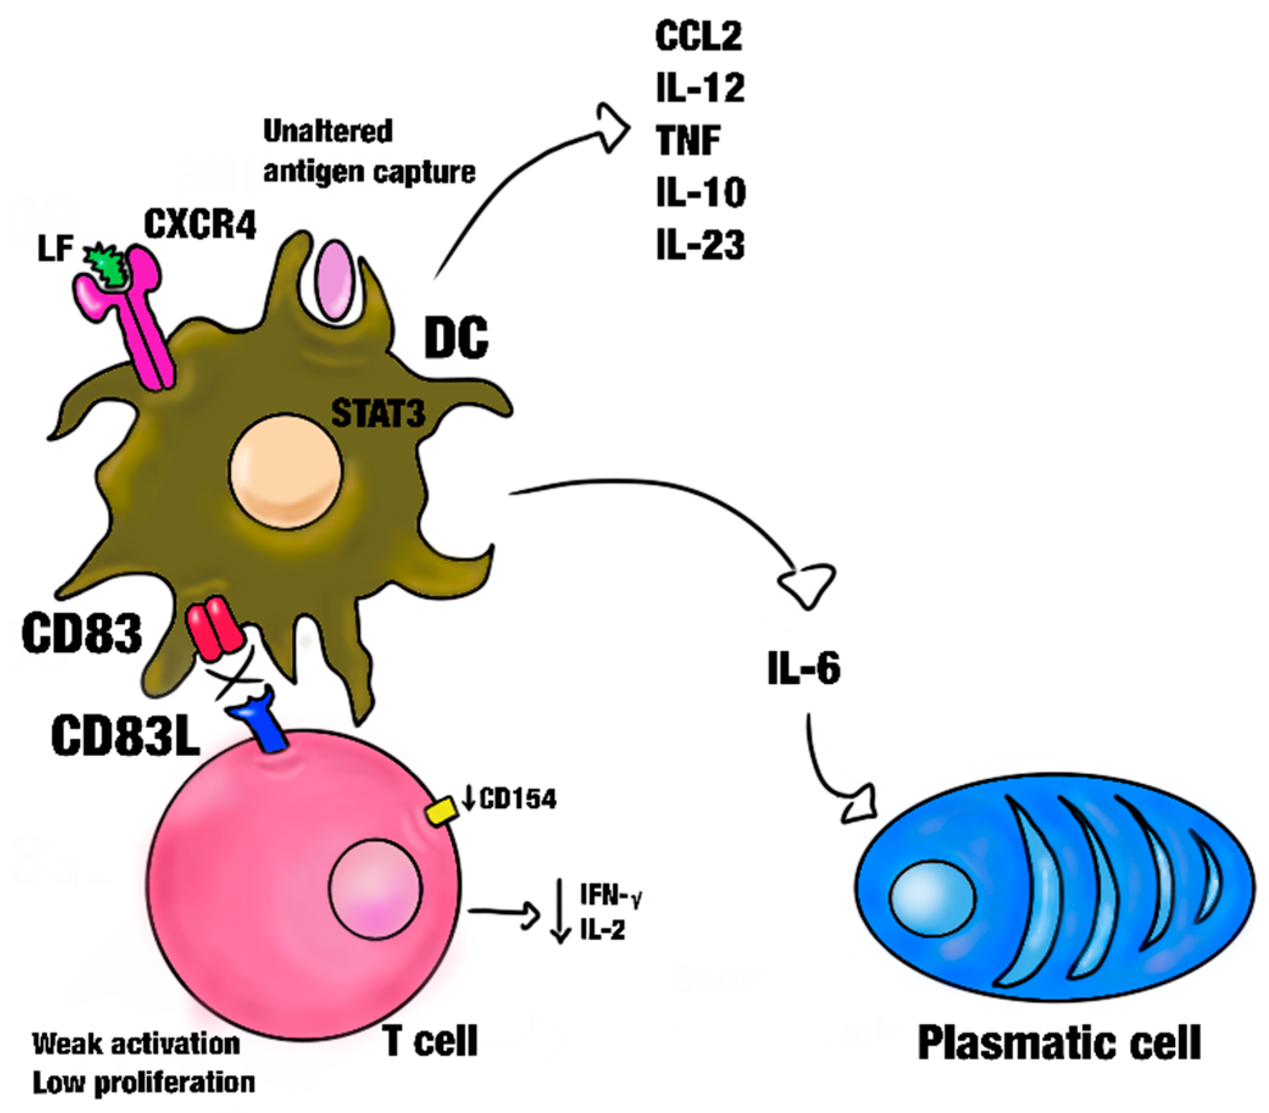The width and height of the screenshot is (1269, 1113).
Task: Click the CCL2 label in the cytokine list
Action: click(x=698, y=37)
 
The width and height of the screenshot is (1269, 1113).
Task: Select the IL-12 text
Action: click(x=700, y=89)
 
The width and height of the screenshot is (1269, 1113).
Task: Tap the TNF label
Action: click(x=688, y=140)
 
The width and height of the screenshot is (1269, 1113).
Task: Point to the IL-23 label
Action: click(x=700, y=245)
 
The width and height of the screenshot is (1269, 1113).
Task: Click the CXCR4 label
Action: click(x=200, y=224)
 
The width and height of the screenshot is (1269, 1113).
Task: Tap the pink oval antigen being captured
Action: click(x=335, y=280)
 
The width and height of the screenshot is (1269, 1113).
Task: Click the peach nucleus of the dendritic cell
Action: click(x=286, y=472)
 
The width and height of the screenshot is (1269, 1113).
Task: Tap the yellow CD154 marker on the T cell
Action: click(x=442, y=812)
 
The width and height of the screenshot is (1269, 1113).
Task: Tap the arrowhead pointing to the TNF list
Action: click(x=613, y=128)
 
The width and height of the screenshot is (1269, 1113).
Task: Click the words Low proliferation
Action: click(x=143, y=1083)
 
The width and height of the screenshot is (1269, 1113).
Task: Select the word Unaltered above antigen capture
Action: click(x=328, y=131)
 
